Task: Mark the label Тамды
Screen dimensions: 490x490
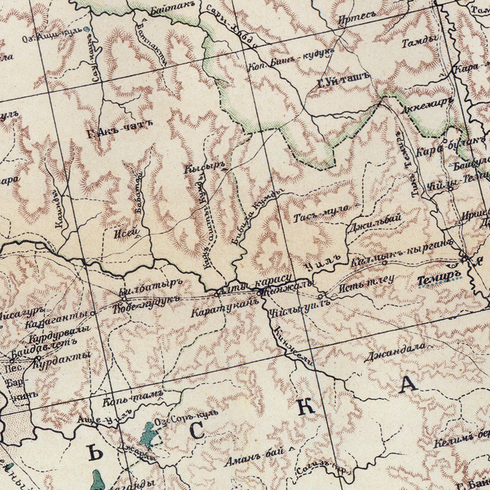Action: (420, 42)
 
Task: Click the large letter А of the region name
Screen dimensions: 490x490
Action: (408, 384)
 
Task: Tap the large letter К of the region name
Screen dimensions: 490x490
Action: (306, 406)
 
